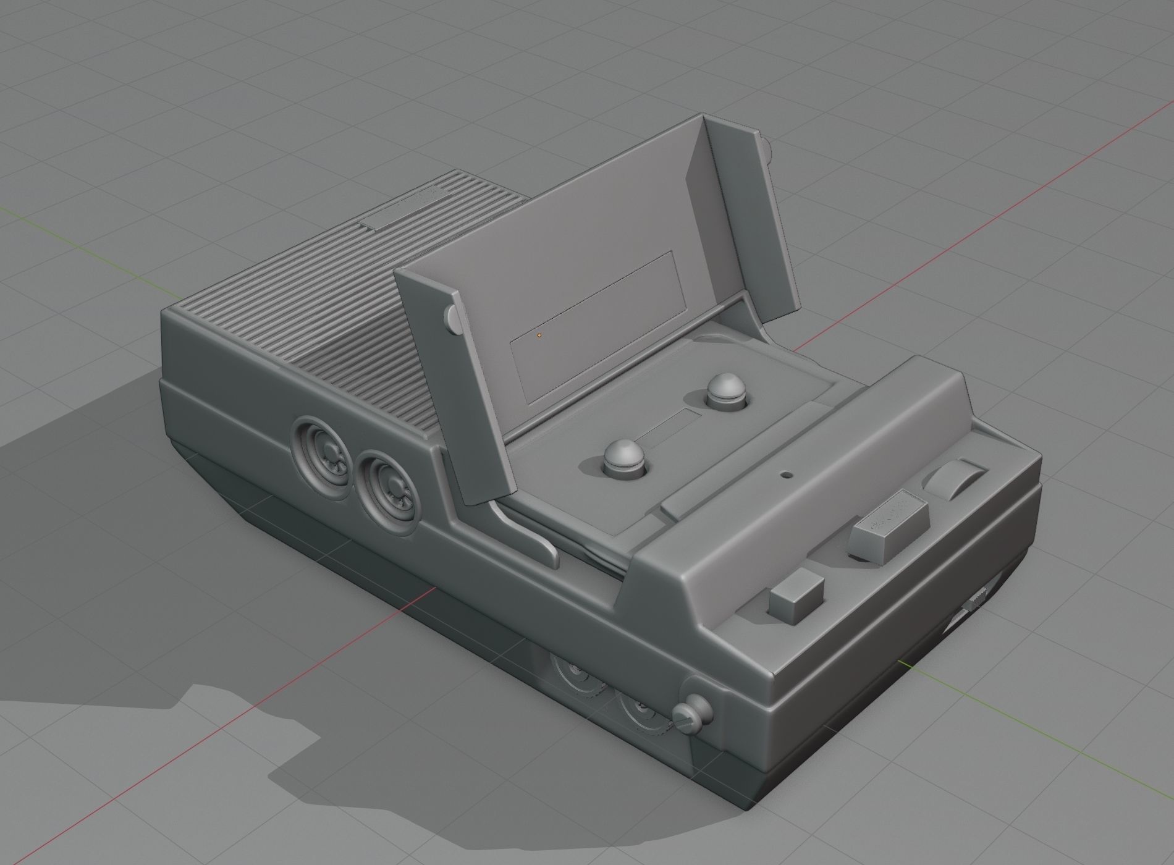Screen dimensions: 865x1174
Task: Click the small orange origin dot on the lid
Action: tap(539, 335)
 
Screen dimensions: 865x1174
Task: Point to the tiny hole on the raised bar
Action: tap(787, 476)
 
